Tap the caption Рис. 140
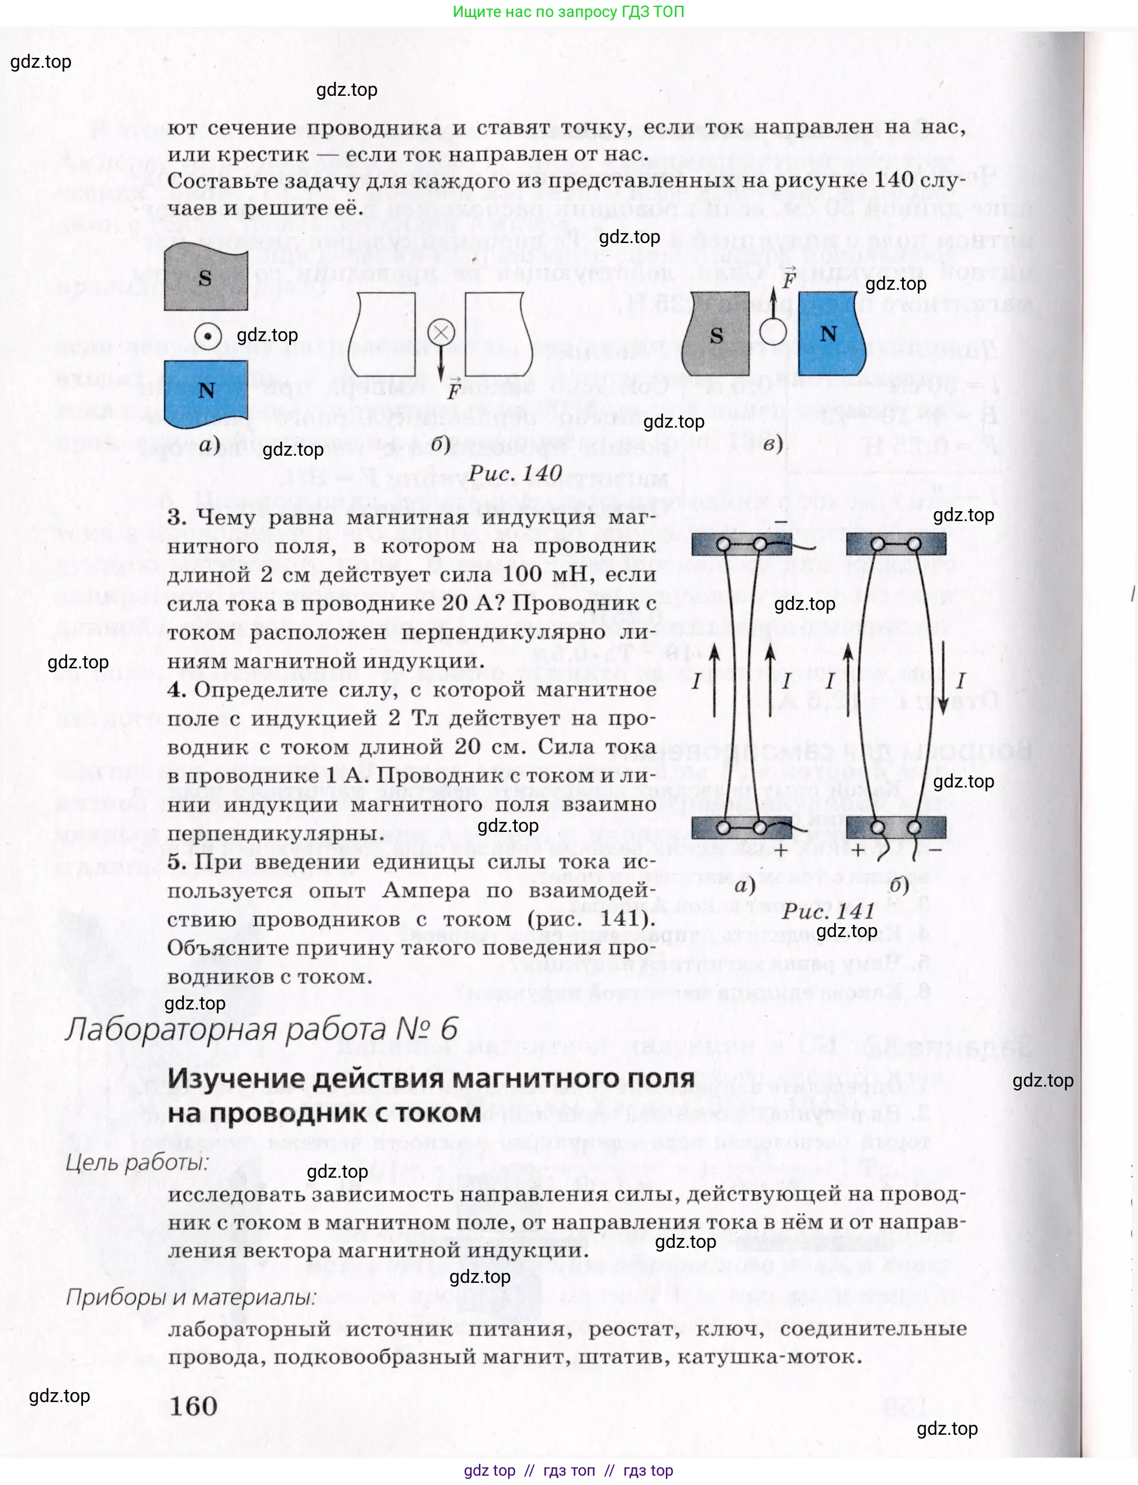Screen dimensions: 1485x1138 point(515,473)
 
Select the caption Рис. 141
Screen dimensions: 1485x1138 point(828,911)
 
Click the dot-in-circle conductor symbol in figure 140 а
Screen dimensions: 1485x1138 point(207,336)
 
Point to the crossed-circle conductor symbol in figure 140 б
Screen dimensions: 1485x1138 point(441,332)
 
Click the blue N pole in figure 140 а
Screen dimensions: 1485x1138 point(205,394)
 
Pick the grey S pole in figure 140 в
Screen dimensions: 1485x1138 point(717,335)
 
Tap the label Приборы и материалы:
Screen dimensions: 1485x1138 point(190,1297)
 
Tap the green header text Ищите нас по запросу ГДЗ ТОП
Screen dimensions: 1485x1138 point(568,12)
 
